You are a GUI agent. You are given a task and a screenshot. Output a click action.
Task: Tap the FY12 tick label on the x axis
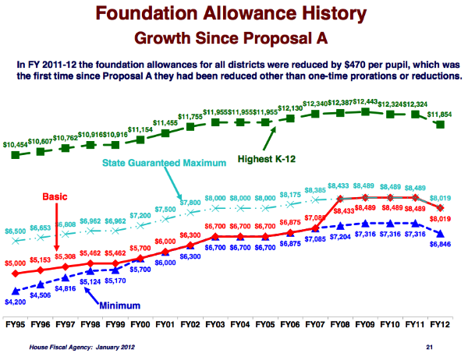pyautogui.click(x=439, y=324)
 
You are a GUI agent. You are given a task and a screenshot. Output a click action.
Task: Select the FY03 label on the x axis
pyautogui.click(x=215, y=324)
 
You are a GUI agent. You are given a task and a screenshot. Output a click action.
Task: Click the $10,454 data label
pyautogui.click(x=17, y=145)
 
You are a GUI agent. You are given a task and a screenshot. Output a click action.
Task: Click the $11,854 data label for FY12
pyautogui.click(x=442, y=114)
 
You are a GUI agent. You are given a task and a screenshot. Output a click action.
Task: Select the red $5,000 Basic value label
pyautogui.click(x=16, y=263)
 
